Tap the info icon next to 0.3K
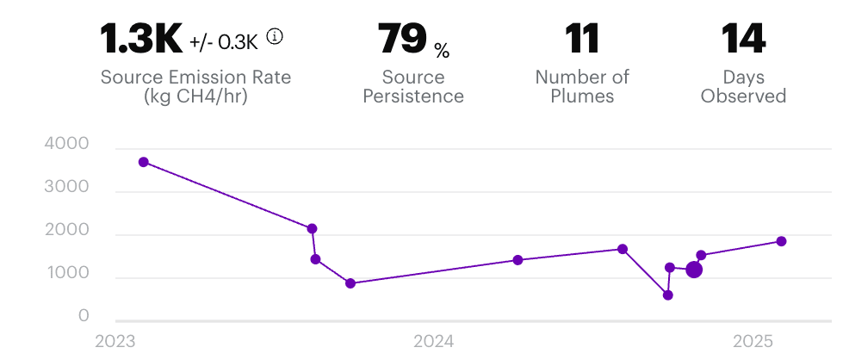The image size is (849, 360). pos(275,37)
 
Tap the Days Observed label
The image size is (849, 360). pos(743,86)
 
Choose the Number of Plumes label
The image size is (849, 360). pos(582,86)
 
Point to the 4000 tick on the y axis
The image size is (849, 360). pos(66,145)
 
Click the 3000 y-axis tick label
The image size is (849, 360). pos(66,188)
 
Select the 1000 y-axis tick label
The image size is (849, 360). pos(66,274)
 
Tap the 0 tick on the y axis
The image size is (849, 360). pos(84,317)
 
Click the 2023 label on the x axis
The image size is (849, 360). pos(115,341)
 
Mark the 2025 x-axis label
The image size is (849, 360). pos(753,341)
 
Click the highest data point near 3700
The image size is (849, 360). pos(144,162)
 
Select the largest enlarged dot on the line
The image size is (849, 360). pos(694,270)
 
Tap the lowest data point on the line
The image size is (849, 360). pos(667,295)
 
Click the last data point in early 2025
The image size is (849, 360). pos(781,241)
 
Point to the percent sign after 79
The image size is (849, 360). pos(442,52)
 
